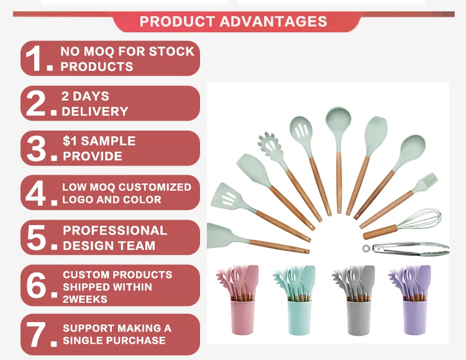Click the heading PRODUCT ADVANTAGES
[233, 21]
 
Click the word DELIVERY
[95, 111]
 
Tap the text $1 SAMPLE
[99, 141]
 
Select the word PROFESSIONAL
[115, 231]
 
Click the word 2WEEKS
[85, 299]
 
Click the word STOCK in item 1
[171, 52]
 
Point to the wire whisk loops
[419, 219]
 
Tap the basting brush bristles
[429, 180]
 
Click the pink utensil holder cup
[242, 317]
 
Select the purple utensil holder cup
[415, 317]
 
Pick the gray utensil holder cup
[359, 318]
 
